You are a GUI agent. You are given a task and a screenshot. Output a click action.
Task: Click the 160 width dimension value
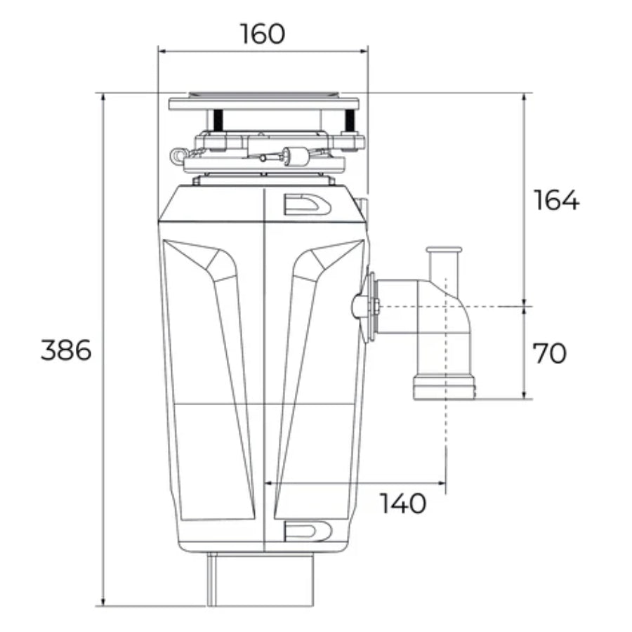pos(263,33)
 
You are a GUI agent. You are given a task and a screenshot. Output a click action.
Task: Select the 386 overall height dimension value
pos(66,350)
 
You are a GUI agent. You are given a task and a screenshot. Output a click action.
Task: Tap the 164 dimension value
pos(556,200)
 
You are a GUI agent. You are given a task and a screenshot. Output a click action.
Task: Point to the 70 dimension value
pos(549,353)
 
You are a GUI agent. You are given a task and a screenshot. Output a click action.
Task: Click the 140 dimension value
pos(403,503)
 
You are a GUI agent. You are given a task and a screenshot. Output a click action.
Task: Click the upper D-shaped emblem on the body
pos(307,204)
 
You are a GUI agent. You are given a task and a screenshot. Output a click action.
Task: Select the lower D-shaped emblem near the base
pos(308,531)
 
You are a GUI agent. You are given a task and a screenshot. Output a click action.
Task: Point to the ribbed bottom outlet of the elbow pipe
pos(444,387)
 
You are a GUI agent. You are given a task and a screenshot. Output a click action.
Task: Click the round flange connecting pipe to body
pos(368,307)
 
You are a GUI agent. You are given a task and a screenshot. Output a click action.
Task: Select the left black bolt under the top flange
pos(218,120)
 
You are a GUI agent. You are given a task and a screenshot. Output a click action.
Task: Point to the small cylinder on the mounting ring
pos(298,157)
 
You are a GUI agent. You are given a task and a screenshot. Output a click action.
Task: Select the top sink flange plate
pos(263,103)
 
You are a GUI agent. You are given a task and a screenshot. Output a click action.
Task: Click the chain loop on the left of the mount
pos(178,154)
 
